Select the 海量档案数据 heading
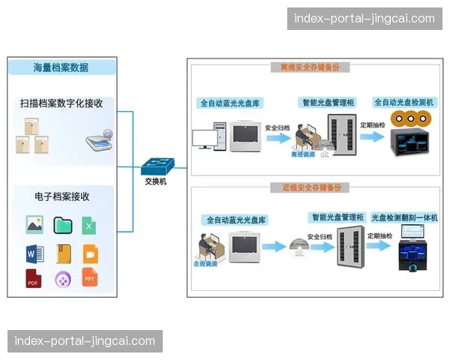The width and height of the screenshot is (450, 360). click(x=61, y=67)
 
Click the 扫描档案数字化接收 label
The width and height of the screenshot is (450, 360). click(x=61, y=103)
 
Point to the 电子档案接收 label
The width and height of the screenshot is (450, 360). click(x=62, y=196)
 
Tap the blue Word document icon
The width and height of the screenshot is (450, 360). click(x=34, y=254)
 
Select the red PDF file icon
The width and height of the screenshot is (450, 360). click(x=34, y=280)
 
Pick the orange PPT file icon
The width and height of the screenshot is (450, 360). click(x=90, y=280)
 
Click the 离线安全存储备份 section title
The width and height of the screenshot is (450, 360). click(x=310, y=67)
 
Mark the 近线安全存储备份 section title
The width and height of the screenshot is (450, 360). click(x=310, y=187)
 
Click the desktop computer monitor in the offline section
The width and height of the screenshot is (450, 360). click(x=205, y=139)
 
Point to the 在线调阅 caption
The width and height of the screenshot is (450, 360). click(x=204, y=264)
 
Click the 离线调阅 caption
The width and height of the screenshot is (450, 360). click(x=302, y=154)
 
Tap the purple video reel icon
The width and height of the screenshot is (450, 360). click(x=62, y=280)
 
